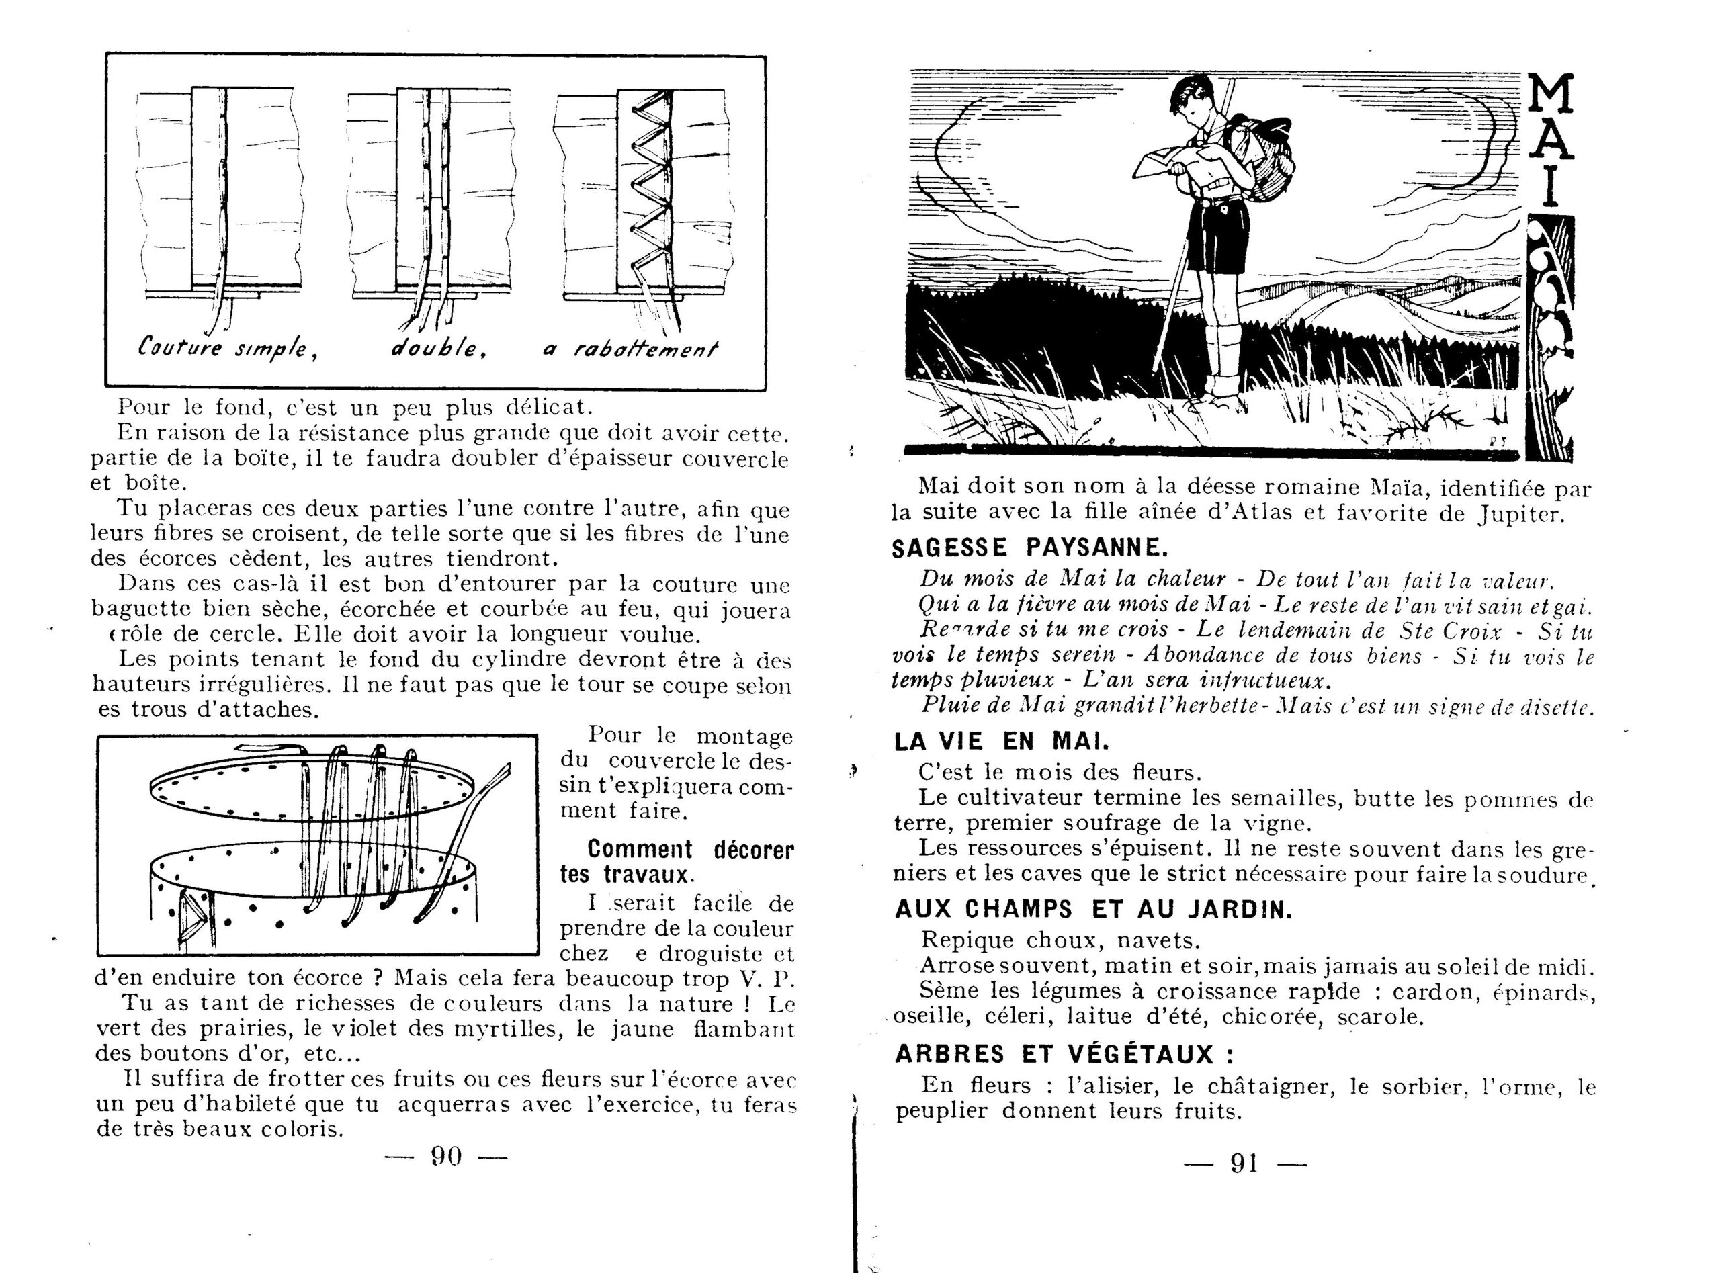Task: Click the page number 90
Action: [x=446, y=1156]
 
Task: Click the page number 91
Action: [x=1244, y=1163]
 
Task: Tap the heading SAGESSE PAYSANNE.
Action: [x=1029, y=548]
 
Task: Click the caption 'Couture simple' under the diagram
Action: [x=228, y=348]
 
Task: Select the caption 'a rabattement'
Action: [x=630, y=350]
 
